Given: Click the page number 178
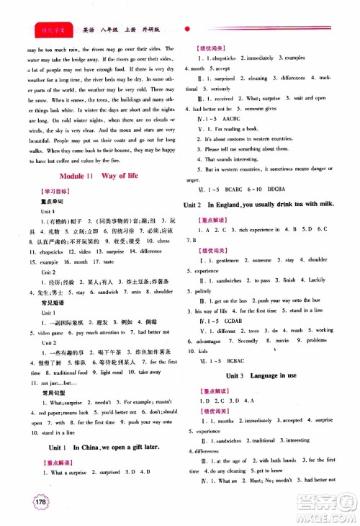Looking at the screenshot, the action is pyautogui.click(x=32, y=502).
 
